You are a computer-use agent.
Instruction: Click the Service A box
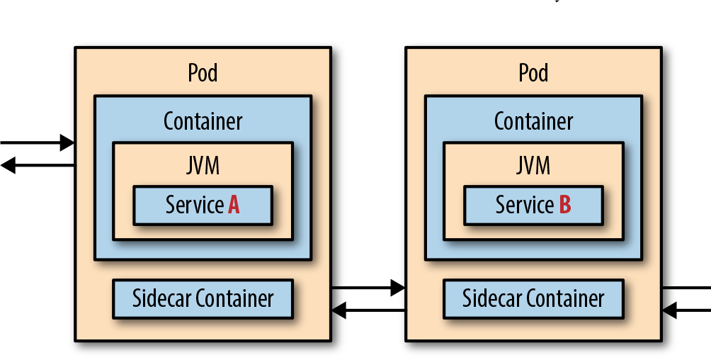[203, 206]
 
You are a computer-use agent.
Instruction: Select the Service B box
[533, 206]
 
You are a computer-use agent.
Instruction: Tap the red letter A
[234, 206]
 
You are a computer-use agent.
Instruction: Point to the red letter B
[564, 206]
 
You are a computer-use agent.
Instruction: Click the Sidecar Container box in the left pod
[203, 299]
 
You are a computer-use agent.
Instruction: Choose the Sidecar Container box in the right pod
[533, 299]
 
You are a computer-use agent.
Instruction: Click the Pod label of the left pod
[203, 73]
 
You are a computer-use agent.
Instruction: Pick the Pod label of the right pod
[533, 73]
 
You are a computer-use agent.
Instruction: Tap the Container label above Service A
[203, 121]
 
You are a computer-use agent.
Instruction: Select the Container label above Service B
[533, 121]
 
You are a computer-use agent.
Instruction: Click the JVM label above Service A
[203, 166]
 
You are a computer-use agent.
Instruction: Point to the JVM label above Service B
[533, 166]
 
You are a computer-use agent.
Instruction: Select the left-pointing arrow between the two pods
[368, 310]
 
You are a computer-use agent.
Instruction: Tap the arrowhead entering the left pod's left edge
[67, 143]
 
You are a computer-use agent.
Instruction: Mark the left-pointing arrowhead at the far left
[7, 166]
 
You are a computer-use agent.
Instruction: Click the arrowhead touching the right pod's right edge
[669, 310]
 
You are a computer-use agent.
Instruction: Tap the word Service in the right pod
[525, 206]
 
